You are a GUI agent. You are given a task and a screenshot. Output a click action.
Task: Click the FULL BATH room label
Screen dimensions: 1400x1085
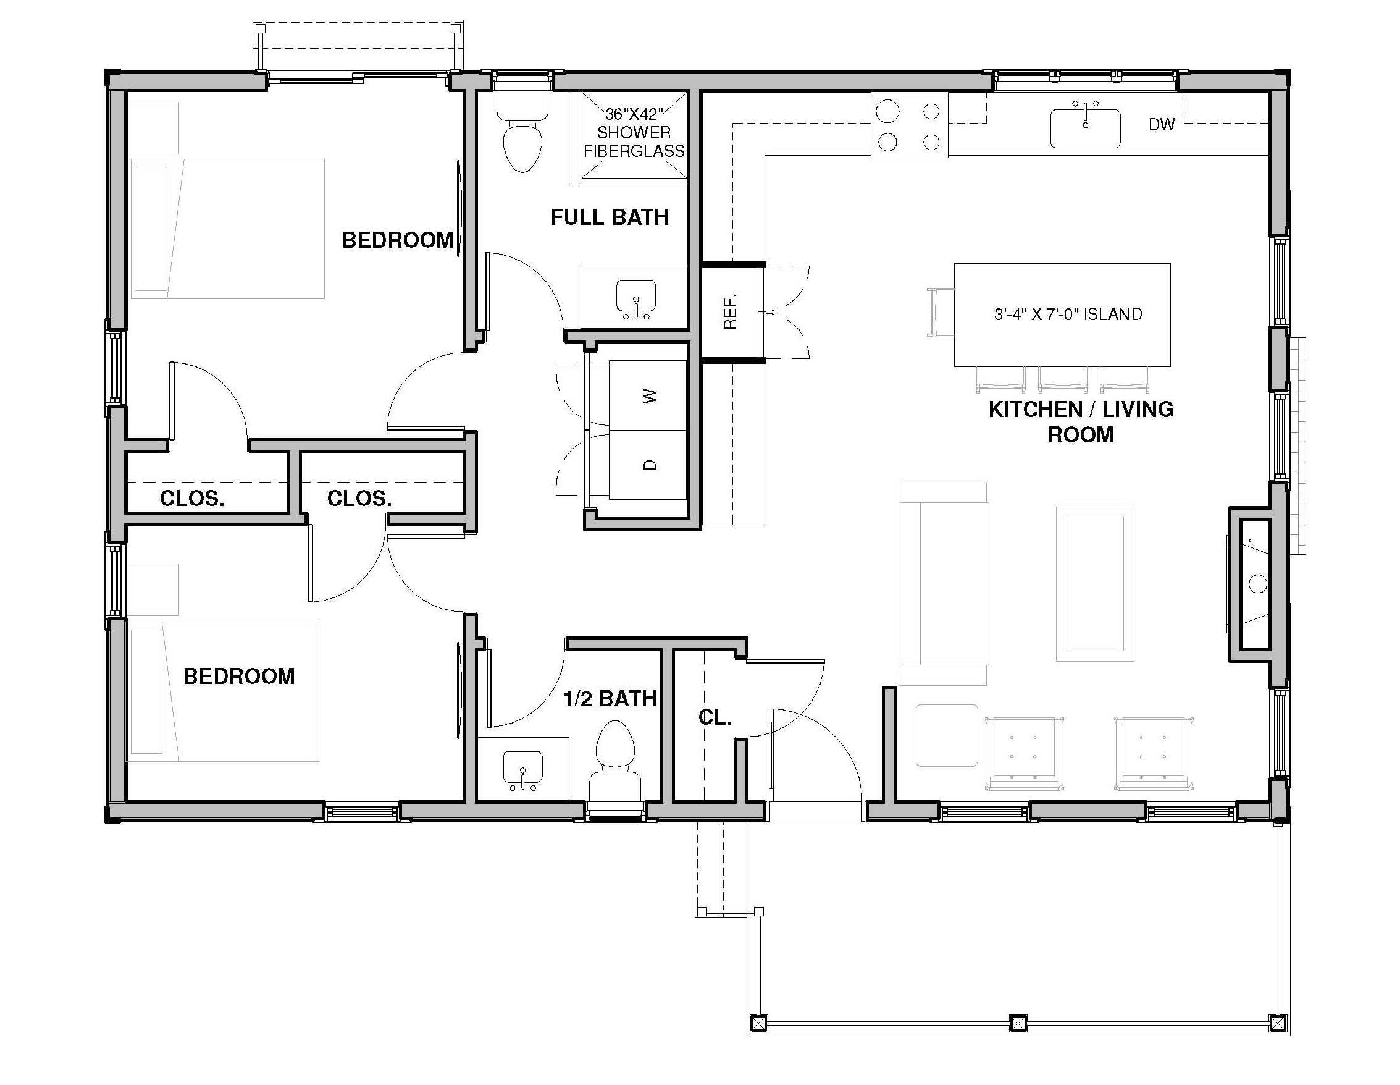610,217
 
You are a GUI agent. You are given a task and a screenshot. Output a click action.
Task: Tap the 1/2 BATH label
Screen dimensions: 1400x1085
610,698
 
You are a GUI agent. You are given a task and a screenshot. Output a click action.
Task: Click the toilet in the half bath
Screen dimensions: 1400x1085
615,761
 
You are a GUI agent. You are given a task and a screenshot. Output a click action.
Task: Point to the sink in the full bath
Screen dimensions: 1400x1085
635,300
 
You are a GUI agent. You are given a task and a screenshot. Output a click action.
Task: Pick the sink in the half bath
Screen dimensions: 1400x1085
523,770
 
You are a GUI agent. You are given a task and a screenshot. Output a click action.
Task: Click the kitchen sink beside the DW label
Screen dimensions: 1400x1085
1085,128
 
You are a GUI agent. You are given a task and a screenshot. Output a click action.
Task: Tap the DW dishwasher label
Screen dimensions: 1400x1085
1162,125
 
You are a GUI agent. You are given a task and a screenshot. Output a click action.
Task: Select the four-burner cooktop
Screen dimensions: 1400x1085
909,125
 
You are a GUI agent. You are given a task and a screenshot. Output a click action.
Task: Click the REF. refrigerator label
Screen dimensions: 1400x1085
730,312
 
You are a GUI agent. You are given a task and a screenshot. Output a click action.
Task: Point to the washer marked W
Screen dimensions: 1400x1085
647,395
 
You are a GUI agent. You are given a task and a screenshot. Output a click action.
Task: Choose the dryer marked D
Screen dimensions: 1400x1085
647,465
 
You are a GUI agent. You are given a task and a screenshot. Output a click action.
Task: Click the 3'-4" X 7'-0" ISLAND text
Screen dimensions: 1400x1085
1068,315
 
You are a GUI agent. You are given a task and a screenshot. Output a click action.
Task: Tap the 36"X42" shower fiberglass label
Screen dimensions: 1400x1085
634,133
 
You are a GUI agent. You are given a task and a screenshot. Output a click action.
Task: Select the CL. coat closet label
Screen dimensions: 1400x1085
715,717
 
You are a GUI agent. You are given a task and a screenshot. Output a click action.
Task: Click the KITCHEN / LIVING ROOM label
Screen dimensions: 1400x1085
1081,422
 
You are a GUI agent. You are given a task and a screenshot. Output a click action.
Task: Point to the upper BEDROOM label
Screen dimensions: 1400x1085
398,240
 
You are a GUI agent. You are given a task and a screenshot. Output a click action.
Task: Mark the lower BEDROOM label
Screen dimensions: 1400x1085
239,676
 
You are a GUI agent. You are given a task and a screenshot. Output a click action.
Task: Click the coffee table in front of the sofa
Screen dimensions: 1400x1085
1095,584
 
